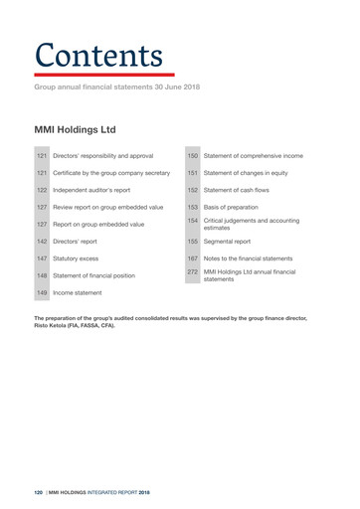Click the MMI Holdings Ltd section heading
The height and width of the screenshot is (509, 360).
click(76, 129)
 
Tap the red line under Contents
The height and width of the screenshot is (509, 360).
click(103, 75)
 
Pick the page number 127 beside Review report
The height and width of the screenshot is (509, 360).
click(43, 207)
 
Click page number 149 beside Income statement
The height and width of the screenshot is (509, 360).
click(43, 294)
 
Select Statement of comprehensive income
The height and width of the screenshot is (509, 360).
click(266, 156)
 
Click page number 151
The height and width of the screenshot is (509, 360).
click(193, 173)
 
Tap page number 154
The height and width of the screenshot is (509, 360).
click(193, 220)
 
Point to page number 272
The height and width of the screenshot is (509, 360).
click(193, 270)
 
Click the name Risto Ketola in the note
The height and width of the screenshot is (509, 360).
click(55, 325)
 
